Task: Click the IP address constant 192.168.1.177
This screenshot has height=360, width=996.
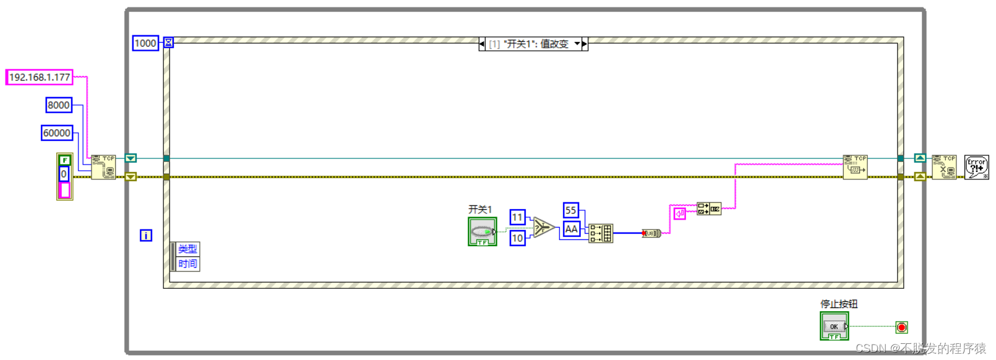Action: pos(40,77)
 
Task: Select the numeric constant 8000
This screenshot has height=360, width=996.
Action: pos(59,105)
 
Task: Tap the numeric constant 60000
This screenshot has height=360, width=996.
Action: pos(57,133)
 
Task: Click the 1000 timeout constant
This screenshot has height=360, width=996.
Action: pos(145,43)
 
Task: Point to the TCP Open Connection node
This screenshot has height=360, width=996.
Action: pos(103,167)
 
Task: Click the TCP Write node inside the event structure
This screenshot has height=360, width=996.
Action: pos(855,167)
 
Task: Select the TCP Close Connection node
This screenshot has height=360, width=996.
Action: pos(944,167)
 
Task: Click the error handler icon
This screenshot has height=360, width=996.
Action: pos(977,167)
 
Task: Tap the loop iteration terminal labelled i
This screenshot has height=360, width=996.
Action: pos(146,236)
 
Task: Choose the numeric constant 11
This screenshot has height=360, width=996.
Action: pos(517,217)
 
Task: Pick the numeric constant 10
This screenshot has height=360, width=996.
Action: pos(517,238)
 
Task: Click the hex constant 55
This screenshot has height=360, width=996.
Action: pos(570,210)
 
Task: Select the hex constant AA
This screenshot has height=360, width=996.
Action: pos(571,229)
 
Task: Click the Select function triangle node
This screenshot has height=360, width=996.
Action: pos(543,228)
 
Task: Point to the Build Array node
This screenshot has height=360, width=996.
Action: pos(600,233)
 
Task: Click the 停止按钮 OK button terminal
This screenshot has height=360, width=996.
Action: pos(834,326)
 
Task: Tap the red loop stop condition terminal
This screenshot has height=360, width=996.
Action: pos(902,327)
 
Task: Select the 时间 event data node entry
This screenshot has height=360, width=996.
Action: pos(187,264)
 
